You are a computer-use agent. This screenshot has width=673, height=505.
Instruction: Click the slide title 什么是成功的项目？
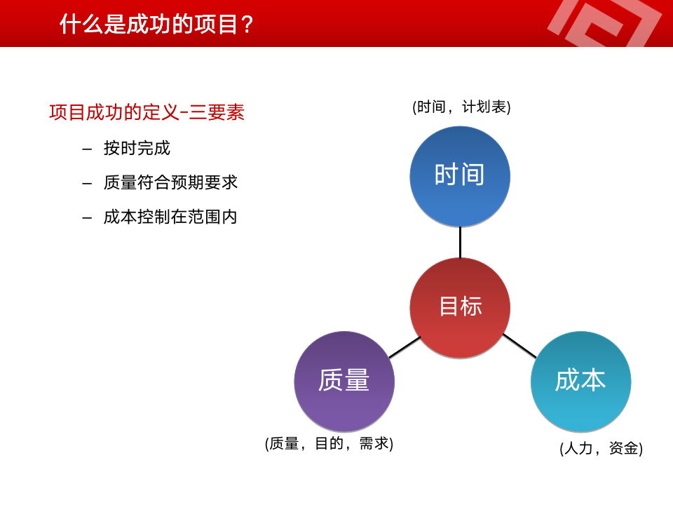coord(156,24)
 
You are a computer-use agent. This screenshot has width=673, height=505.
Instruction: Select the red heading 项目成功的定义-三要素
coord(147,112)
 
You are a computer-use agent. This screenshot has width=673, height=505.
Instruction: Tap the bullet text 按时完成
coord(137,148)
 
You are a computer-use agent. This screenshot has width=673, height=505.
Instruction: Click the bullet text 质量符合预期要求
coord(170,182)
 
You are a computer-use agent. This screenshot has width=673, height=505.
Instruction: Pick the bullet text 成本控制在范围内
coord(170,217)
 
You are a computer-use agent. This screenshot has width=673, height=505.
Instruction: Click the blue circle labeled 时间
coord(460,176)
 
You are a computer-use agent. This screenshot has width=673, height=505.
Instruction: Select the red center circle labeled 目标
coord(460,308)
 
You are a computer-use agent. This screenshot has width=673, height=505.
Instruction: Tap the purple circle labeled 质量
coord(344,381)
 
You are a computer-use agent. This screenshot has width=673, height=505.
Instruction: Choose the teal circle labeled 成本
coord(580,381)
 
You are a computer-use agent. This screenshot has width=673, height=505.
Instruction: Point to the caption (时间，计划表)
coord(461,107)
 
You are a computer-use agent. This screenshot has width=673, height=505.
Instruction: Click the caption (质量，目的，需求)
coord(329,443)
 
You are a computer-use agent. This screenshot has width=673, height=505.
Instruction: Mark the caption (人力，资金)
coord(601,448)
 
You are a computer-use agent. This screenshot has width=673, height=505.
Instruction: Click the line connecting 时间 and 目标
coord(460,242)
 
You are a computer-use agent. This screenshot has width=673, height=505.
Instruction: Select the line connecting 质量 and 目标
coord(405,347)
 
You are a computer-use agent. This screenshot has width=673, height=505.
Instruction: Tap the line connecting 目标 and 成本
coord(519,346)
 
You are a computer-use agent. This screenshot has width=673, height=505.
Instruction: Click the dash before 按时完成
coord(87,149)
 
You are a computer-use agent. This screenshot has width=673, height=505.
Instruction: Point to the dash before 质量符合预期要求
coord(87,183)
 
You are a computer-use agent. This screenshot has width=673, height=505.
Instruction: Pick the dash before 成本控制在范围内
coord(87,217)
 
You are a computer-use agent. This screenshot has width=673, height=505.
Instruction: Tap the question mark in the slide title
coord(246,25)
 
